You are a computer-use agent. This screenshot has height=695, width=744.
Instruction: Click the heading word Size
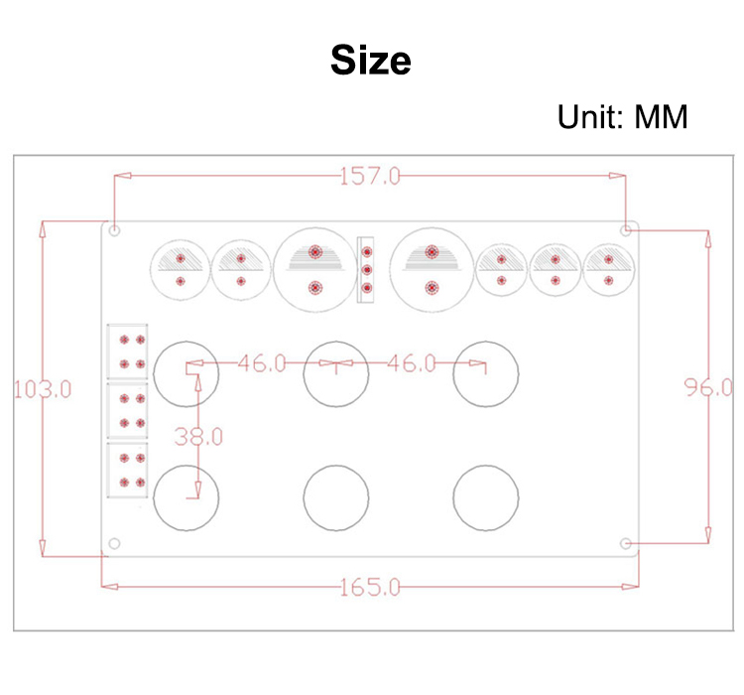coord(371,61)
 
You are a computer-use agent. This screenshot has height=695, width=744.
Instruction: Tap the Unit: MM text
coord(622,117)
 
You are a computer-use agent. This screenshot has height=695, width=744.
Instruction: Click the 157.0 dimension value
coord(370,177)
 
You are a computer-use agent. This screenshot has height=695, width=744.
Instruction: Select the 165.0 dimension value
coord(370,587)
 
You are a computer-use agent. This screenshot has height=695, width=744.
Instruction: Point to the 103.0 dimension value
coord(42,388)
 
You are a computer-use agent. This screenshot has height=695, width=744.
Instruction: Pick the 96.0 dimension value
coord(708,387)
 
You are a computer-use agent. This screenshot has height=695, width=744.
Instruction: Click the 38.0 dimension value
coord(198,435)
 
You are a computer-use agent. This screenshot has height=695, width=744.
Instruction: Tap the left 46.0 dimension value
coord(261,363)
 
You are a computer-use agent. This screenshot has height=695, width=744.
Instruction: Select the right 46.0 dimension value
coord(411,363)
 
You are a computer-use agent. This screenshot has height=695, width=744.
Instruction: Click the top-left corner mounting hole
coord(115,231)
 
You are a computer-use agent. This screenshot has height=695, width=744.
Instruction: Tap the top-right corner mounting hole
coord(626,230)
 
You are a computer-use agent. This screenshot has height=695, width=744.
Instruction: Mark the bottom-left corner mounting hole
coord(115,544)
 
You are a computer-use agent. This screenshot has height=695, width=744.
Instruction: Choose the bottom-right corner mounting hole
coord(626,544)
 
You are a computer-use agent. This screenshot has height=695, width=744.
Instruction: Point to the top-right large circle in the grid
coord(485,372)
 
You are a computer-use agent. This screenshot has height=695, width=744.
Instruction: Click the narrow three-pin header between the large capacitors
coord(367,268)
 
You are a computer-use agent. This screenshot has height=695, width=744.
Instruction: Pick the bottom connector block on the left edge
coord(128,470)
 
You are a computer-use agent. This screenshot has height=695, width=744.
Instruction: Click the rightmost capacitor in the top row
coord(607,268)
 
